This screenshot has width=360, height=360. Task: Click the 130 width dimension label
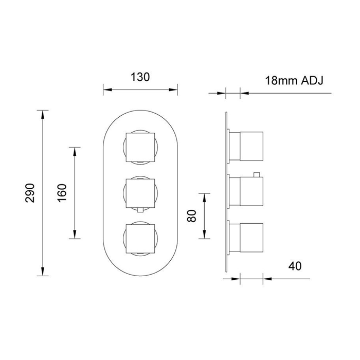click(x=140, y=77)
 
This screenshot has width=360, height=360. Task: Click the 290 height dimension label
click(x=30, y=193)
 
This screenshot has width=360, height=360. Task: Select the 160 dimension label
click(x=62, y=193)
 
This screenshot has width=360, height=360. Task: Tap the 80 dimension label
click(x=192, y=216)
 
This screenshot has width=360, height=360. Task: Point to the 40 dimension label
click(x=295, y=266)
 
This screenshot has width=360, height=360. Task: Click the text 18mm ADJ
click(x=294, y=81)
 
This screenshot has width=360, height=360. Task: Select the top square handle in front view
click(x=140, y=147)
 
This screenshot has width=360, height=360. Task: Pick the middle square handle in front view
click(x=140, y=193)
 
